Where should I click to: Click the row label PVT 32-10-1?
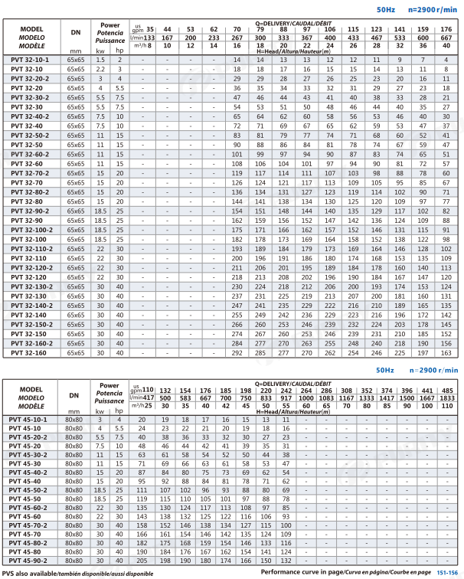click(x=28, y=59)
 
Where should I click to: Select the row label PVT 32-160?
click(x=26, y=353)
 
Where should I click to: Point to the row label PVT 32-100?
click(x=26, y=239)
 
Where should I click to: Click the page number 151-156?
click(x=447, y=572)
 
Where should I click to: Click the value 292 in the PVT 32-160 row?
click(x=237, y=353)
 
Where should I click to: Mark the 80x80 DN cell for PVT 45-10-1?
click(x=74, y=419)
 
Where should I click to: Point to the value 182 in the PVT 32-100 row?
click(x=237, y=239)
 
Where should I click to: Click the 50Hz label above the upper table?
click(x=386, y=11)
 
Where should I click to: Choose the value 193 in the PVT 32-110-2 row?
click(x=237, y=249)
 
